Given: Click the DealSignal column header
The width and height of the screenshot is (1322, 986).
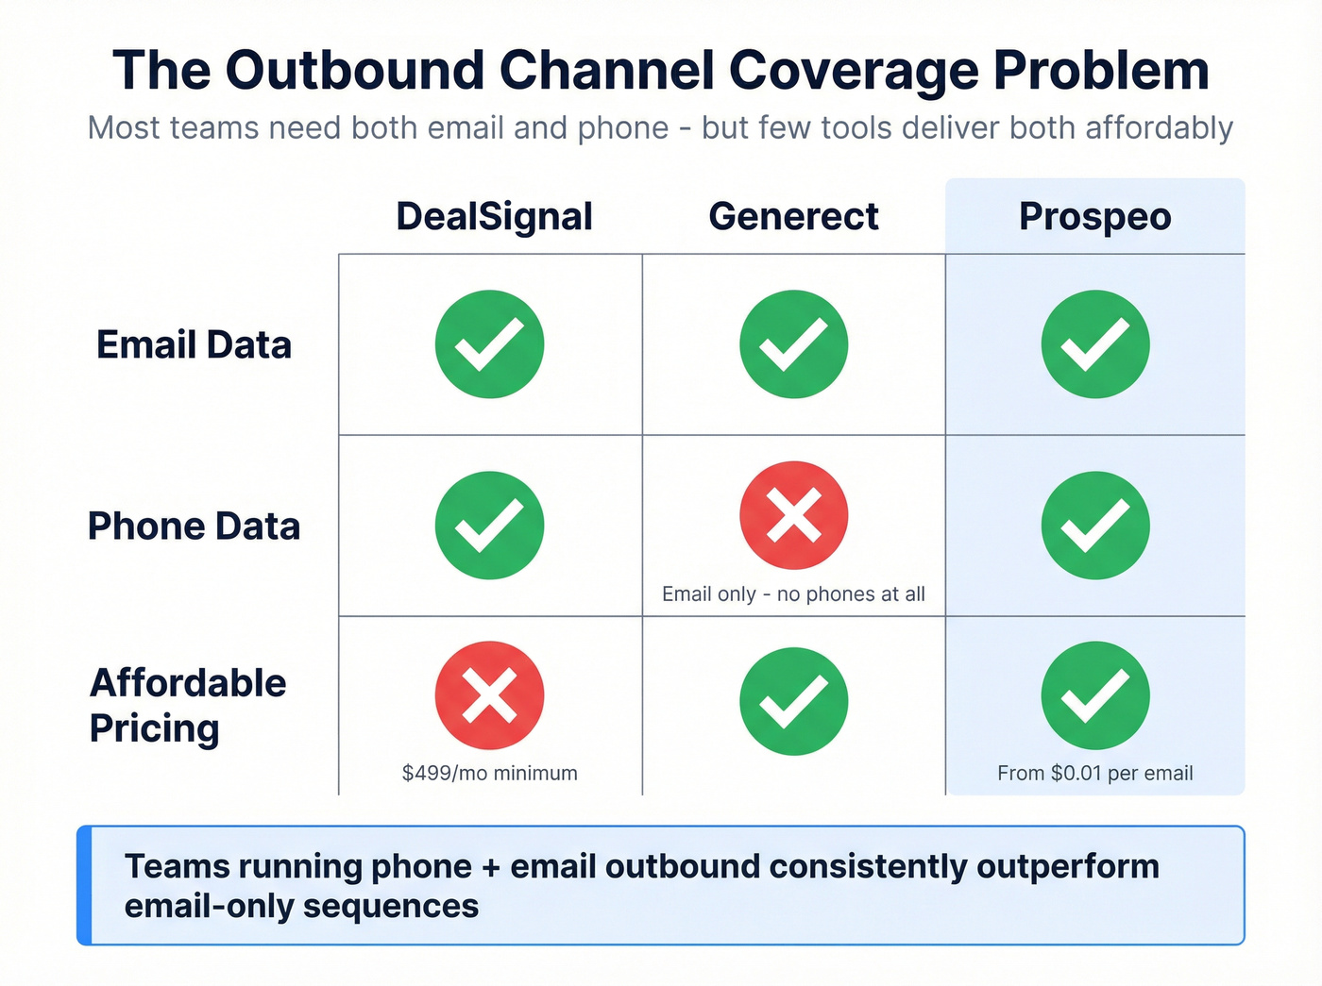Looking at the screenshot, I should click(x=494, y=217).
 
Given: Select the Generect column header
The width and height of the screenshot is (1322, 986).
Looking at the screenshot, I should click(x=793, y=217).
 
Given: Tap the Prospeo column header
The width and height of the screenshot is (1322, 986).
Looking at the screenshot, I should click(x=1094, y=217).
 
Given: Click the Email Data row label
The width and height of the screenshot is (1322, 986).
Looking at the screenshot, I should click(x=194, y=345).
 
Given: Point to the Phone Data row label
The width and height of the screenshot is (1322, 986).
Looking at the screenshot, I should click(x=194, y=526).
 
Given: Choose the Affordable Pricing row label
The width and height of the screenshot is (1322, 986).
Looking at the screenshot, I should click(x=187, y=706).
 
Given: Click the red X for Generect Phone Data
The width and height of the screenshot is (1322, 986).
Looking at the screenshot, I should click(x=793, y=515).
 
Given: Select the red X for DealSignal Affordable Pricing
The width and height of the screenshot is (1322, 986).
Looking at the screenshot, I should click(x=489, y=695).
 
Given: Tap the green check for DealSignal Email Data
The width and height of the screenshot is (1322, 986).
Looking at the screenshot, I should click(x=489, y=344).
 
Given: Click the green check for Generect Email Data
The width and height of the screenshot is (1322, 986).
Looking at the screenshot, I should click(x=793, y=344).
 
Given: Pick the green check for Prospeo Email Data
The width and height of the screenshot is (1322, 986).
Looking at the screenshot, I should click(x=1095, y=344).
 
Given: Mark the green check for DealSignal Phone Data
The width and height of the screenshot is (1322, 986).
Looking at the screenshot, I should click(x=489, y=526).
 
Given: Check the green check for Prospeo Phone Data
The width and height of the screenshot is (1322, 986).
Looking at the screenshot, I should click(x=1095, y=526).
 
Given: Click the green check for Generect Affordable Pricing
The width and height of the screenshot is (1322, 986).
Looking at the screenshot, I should click(x=793, y=701).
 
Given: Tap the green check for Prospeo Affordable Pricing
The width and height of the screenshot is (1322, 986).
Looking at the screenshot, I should click(x=1095, y=695).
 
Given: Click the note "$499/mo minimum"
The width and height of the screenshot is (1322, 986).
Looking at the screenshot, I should click(x=489, y=774).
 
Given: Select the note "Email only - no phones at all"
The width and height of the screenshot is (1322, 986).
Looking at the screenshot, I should click(x=793, y=594).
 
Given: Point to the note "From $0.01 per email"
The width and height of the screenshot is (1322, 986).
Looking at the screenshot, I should click(x=1095, y=774).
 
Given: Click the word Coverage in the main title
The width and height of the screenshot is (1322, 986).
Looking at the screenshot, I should click(x=853, y=71).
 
